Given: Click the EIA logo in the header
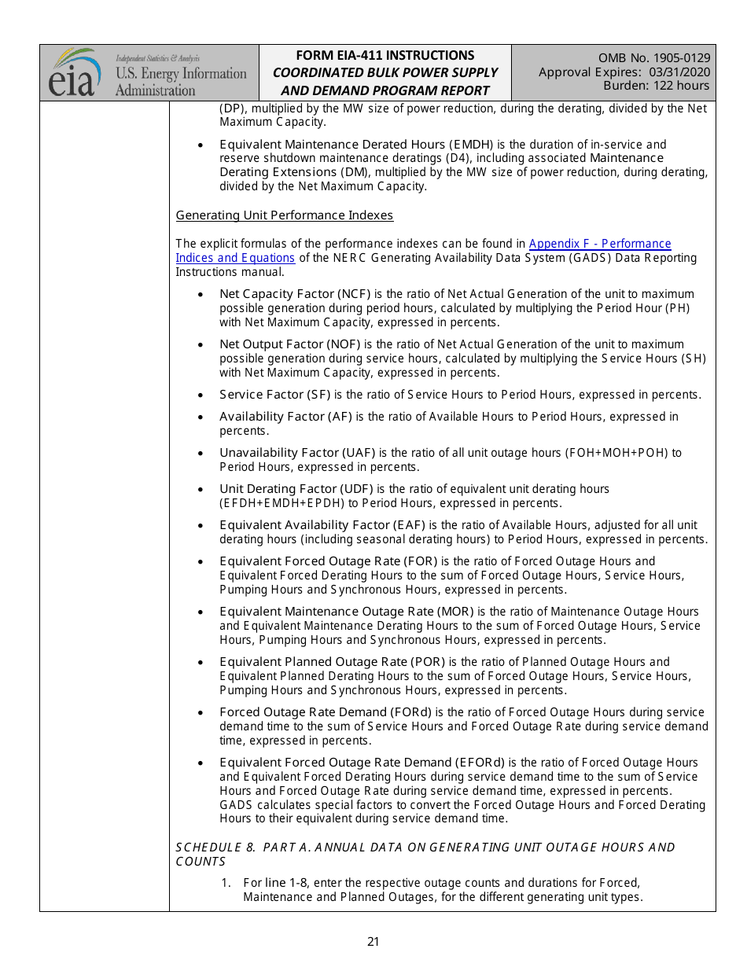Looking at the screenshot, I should point(74,72).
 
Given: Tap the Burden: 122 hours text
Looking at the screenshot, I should point(656,86).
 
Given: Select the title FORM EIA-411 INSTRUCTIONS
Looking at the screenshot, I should point(385,55).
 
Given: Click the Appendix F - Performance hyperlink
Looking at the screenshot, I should point(600,244).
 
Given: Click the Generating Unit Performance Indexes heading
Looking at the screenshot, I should point(284,215).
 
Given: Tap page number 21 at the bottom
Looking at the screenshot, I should point(373,941).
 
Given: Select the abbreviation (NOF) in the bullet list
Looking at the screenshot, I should point(344,344).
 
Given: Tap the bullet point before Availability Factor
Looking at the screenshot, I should point(202,417).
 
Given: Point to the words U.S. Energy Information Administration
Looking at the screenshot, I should point(180,82).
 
